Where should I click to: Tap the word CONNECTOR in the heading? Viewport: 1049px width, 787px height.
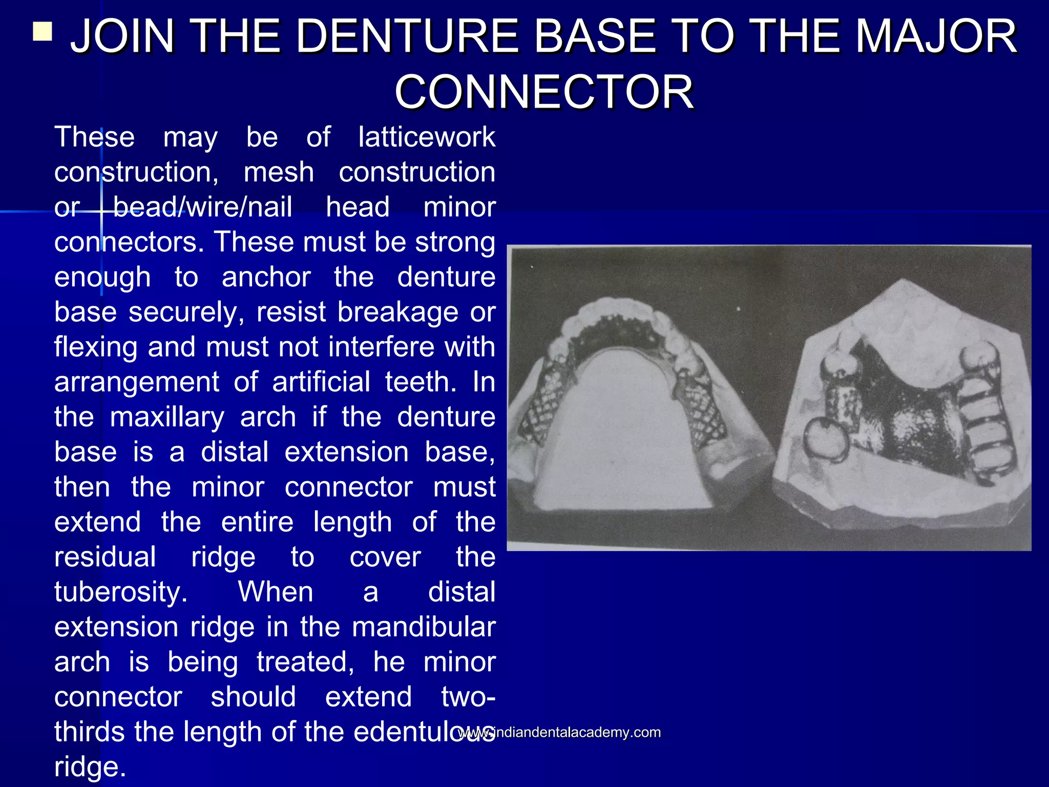[x=544, y=92]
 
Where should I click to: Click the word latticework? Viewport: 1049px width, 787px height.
[x=427, y=137]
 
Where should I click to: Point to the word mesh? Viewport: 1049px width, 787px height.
[x=279, y=172]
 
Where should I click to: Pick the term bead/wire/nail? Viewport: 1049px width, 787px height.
[x=202, y=207]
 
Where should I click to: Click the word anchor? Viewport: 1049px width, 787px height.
[x=266, y=277]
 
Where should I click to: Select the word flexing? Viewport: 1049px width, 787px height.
[x=96, y=347]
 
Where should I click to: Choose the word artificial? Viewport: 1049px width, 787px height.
[x=321, y=382]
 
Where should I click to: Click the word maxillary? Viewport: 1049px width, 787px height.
[x=167, y=417]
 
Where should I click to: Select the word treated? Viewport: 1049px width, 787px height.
[x=305, y=661]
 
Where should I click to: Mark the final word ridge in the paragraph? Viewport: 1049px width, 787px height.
[x=90, y=767]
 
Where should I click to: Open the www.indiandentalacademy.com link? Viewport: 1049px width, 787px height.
[x=559, y=732]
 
